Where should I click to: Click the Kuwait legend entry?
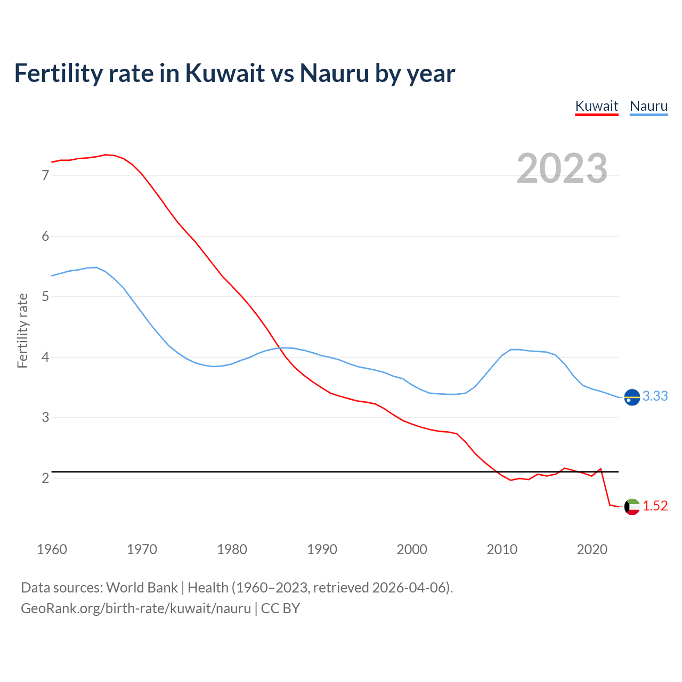click(597, 106)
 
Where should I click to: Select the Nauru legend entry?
click(648, 106)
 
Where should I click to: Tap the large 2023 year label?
click(562, 168)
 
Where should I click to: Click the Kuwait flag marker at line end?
click(632, 507)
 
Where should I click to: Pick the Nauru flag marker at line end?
click(632, 397)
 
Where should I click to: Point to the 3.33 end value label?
click(655, 396)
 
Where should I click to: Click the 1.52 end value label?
click(655, 506)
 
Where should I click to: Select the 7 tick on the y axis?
click(45, 175)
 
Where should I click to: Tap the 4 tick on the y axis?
click(45, 357)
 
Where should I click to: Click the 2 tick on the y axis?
click(45, 478)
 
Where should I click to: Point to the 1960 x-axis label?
click(52, 549)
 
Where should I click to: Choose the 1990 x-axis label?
click(322, 549)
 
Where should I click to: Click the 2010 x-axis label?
click(502, 549)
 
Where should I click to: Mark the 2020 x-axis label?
click(592, 549)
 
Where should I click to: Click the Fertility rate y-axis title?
click(22, 330)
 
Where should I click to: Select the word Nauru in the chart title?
click(334, 73)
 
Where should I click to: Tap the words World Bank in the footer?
click(142, 588)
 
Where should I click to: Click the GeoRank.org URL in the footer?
click(136, 608)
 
